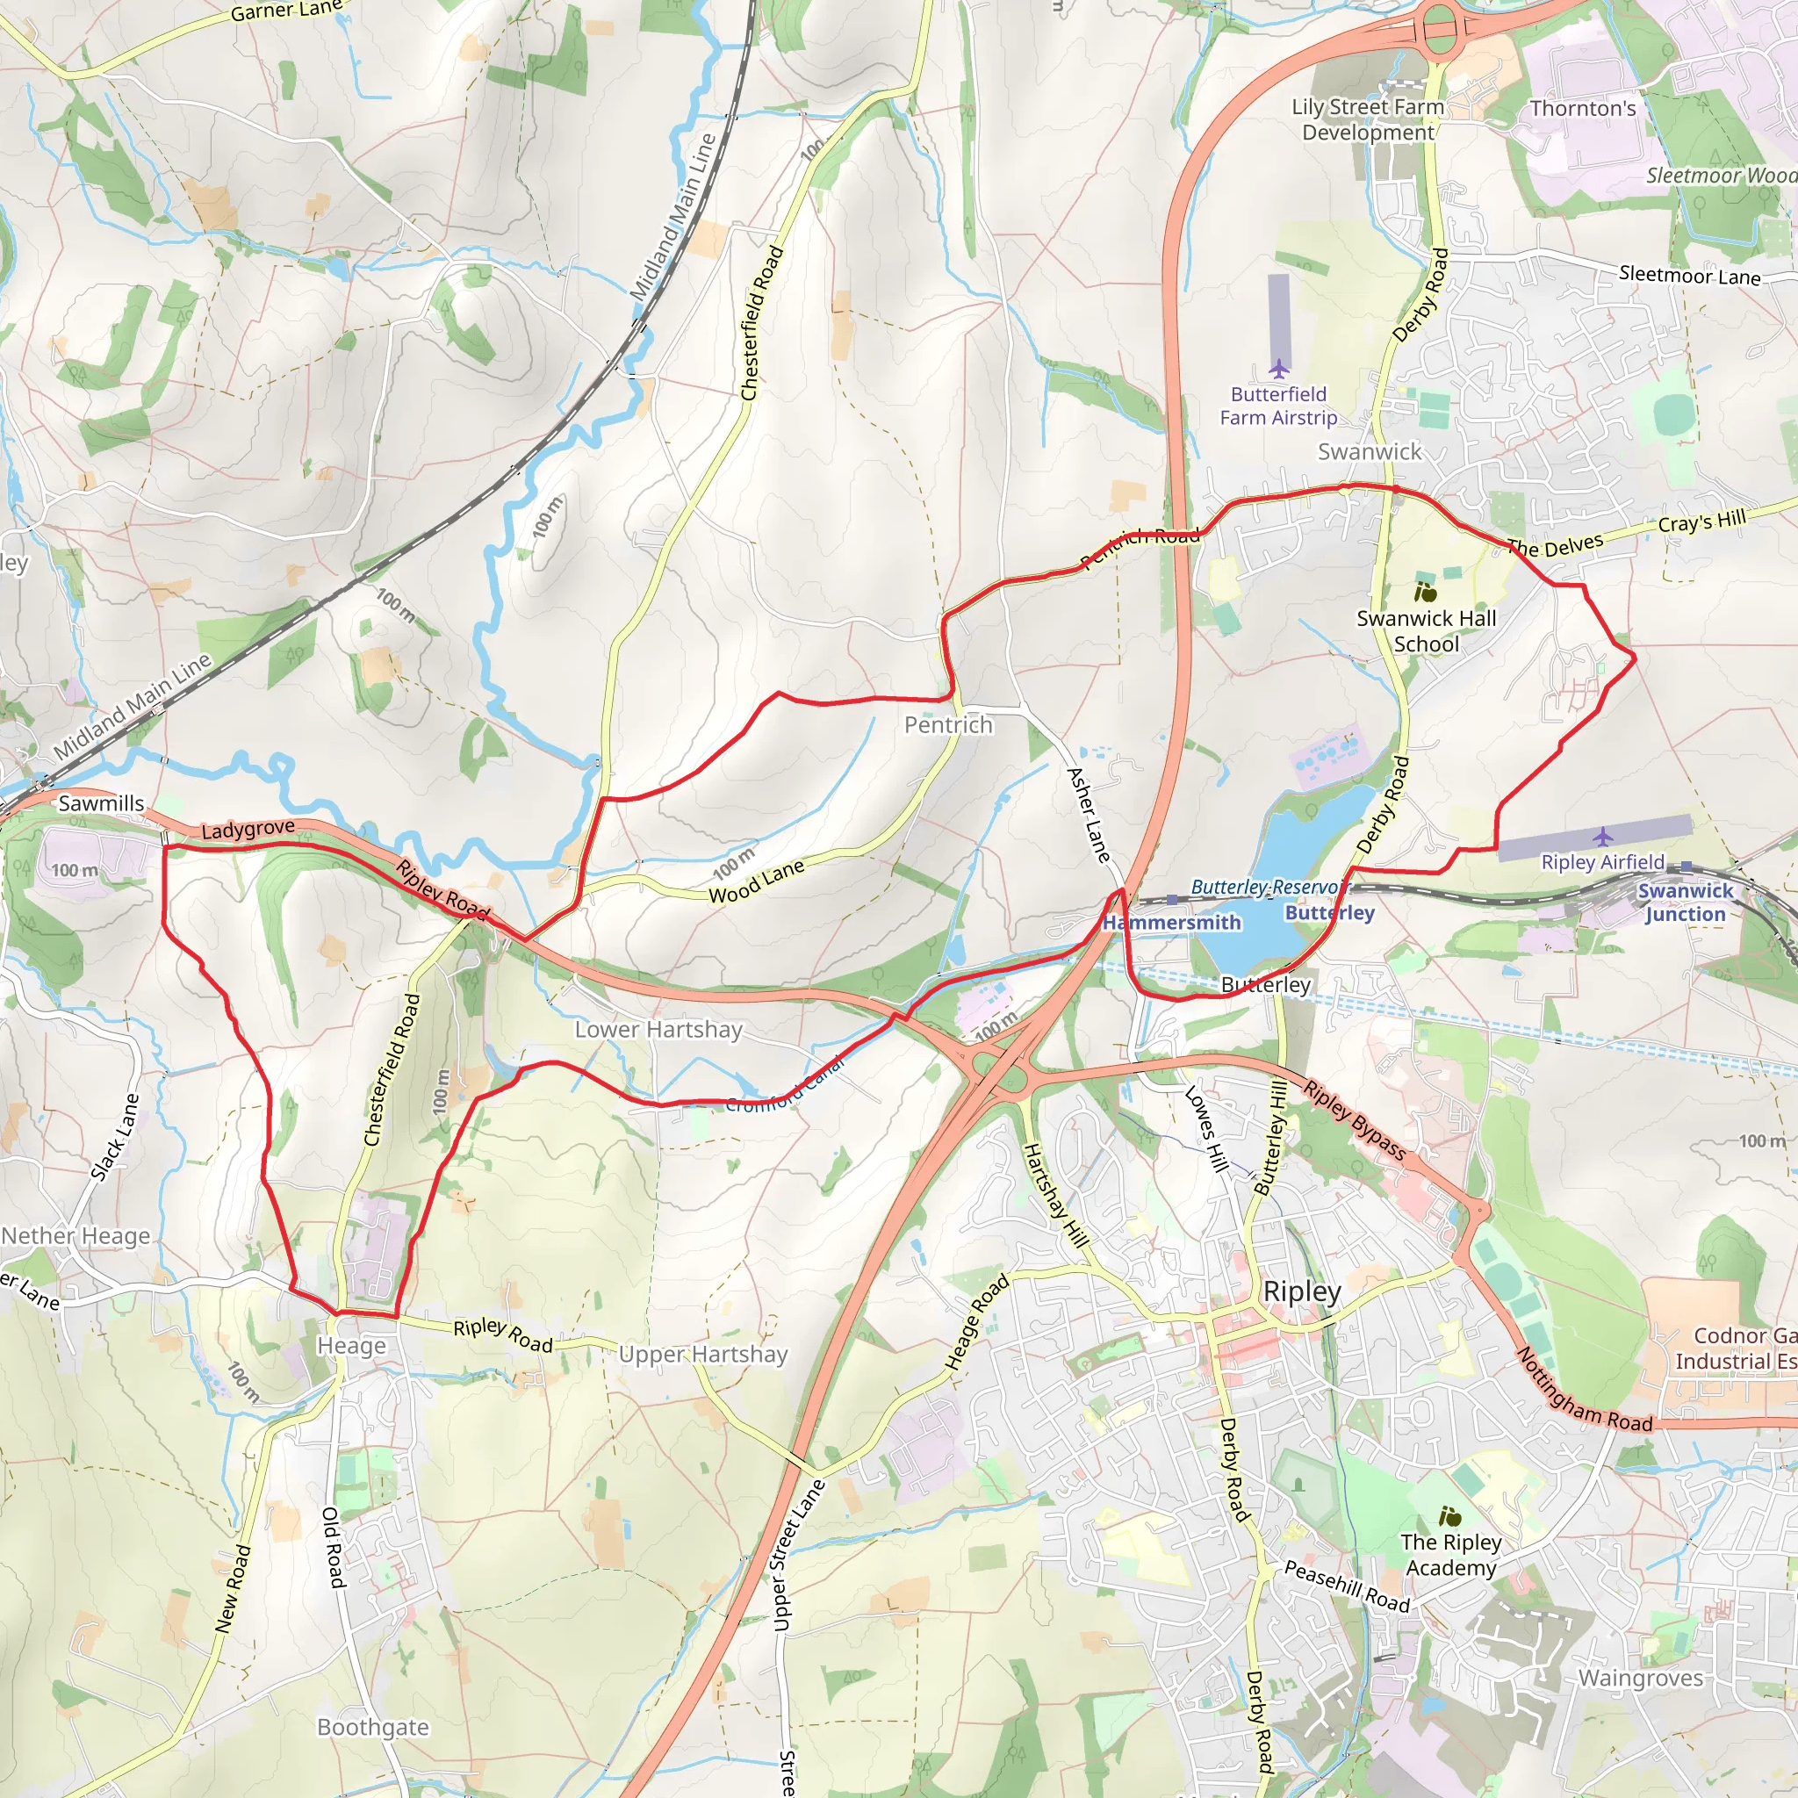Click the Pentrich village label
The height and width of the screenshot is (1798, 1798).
coord(948,725)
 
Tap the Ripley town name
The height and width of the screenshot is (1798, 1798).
coord(1301,1291)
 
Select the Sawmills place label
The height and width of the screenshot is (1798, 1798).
coord(102,803)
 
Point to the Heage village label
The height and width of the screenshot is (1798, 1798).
coord(352,1346)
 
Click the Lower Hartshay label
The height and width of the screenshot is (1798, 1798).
coord(658,1029)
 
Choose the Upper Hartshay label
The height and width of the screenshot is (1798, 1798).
coord(702,1354)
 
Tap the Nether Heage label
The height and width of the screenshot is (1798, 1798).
coord(76,1236)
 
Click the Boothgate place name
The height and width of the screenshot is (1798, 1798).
coord(373,1727)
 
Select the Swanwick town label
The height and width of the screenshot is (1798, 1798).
coord(1369,452)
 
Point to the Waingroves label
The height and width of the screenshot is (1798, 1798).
coord(1641,1678)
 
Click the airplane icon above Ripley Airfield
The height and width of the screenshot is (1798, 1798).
coord(1601,837)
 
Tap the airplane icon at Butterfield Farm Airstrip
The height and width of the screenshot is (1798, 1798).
coord(1278,370)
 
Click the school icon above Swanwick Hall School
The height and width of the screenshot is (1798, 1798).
coord(1425,592)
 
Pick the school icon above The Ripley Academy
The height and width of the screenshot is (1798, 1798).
coord(1450,1517)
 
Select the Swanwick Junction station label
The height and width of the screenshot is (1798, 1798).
coord(1686,902)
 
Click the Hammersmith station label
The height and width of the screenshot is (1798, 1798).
coord(1171,923)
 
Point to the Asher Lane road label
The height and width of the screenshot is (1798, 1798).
coord(1089,815)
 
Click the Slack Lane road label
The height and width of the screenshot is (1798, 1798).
coord(115,1137)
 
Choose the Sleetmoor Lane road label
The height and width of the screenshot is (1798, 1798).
coord(1689,276)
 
